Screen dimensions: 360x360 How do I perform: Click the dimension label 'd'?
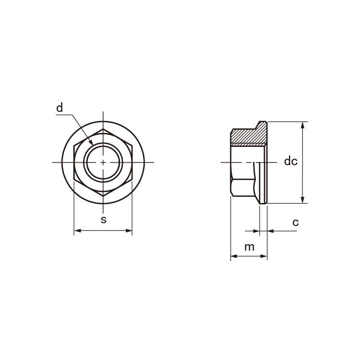(x=60, y=108)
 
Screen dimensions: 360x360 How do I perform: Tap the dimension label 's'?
(x=104, y=220)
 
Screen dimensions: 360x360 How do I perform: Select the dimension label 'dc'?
(x=291, y=161)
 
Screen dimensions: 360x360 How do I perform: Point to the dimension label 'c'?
(x=296, y=222)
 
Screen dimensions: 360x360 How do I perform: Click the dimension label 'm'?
(x=249, y=247)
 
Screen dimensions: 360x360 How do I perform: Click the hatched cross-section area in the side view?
(x=249, y=136)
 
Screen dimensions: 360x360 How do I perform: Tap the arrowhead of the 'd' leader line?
(x=91, y=143)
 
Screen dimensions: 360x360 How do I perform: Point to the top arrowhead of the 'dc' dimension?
(x=302, y=125)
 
